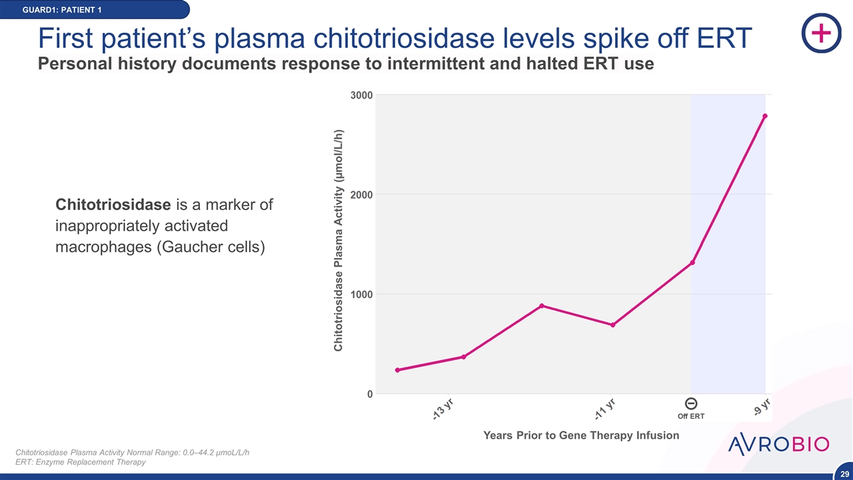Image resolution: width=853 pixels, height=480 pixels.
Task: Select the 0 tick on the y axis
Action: pos(369,394)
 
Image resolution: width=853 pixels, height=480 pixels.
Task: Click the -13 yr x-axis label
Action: pos(440,409)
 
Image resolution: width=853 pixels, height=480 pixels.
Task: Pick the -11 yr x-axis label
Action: pos(604,409)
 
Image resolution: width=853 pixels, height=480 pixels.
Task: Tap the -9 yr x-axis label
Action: pos(762,407)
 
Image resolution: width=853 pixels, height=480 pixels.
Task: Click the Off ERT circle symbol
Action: pos(691,403)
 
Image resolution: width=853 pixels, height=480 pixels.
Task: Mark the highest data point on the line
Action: pos(765,116)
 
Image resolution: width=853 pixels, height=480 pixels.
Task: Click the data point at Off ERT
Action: pos(692,263)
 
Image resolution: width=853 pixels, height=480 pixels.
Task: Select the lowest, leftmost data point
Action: pos(397,370)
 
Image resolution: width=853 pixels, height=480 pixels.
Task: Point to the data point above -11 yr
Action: pos(612,325)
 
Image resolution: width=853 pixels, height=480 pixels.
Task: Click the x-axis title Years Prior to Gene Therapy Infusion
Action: pos(581,435)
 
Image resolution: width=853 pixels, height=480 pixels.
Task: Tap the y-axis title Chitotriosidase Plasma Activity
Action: pos(339,240)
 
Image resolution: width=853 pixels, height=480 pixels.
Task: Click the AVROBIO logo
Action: pos(778,445)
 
